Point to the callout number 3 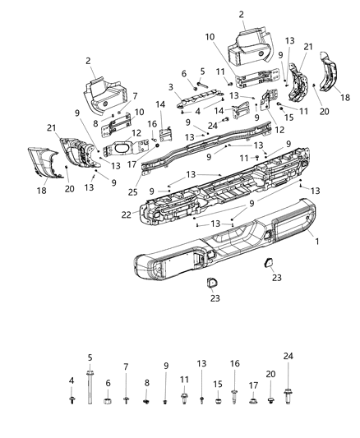170,87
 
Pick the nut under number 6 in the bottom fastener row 107,402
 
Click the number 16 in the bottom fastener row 234,362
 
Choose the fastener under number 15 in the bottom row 218,402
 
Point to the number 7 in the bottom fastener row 126,367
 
